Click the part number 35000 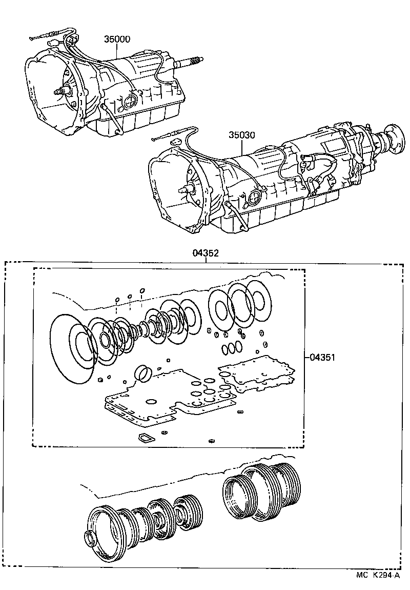(x=117, y=39)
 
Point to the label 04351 (x=322, y=358)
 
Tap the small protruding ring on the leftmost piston (x=91, y=540)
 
